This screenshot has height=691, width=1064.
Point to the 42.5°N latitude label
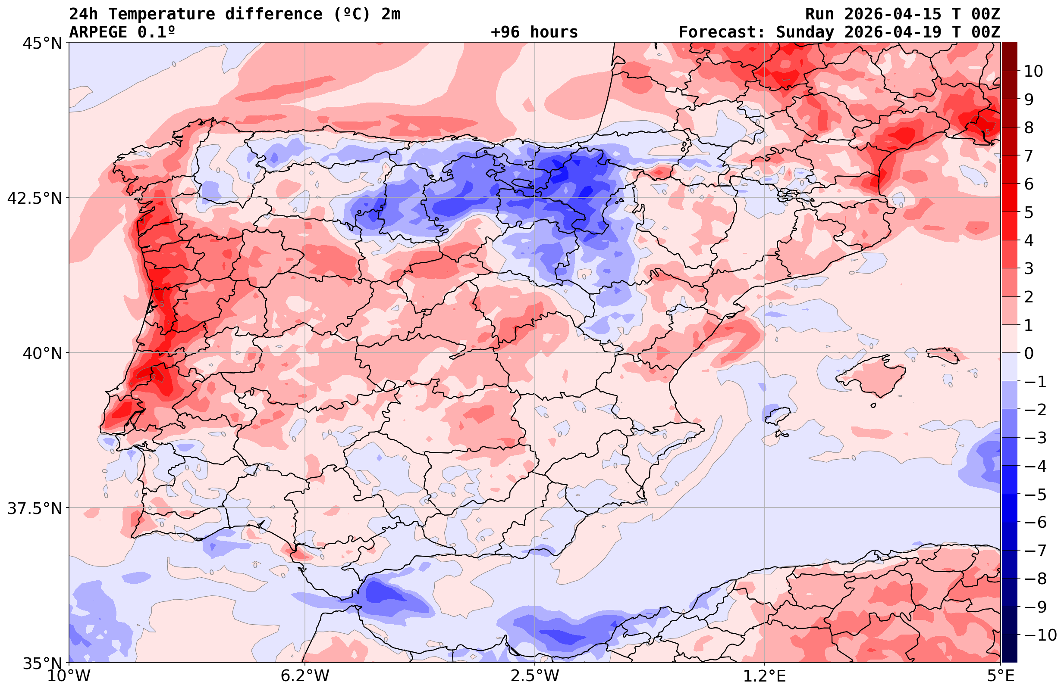tap(35, 198)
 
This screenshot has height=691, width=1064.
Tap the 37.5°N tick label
tap(35, 508)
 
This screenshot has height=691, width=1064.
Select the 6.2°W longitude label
tap(305, 676)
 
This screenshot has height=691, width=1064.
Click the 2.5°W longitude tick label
tap(535, 676)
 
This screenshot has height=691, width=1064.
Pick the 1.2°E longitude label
tap(765, 676)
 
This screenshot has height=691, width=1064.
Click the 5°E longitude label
tap(1000, 676)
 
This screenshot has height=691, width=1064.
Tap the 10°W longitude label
tap(69, 676)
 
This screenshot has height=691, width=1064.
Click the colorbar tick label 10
tap(1033, 71)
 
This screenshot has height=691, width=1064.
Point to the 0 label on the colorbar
tap(1029, 353)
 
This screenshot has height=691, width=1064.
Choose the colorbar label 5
tap(1029, 213)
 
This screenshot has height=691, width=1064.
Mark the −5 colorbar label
tap(1036, 495)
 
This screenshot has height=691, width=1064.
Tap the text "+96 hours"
tap(534, 32)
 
